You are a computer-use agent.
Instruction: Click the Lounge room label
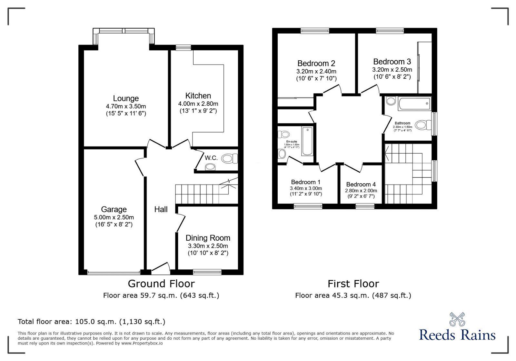coord(126,98)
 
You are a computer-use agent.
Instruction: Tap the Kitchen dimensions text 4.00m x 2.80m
coord(198,104)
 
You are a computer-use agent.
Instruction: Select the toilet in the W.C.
coord(229,158)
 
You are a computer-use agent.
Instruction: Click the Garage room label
coord(114,209)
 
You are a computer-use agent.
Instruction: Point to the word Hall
coord(161,210)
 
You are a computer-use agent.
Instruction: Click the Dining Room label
coord(208,238)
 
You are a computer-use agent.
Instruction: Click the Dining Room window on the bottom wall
coord(207,272)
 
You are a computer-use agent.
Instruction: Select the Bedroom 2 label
coord(316,63)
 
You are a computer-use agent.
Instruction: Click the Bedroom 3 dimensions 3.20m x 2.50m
coord(392,70)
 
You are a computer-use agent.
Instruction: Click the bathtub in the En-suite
coord(307,141)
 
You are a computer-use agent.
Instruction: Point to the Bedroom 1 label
coord(306,182)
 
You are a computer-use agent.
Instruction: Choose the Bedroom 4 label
coord(361,185)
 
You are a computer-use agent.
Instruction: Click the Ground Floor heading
coord(161,284)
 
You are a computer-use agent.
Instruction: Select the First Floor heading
coord(353,284)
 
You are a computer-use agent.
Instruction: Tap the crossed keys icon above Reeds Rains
coord(457,319)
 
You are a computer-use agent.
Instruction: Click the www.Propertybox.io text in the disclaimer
coord(142,343)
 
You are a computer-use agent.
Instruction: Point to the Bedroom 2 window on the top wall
coord(315,31)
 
